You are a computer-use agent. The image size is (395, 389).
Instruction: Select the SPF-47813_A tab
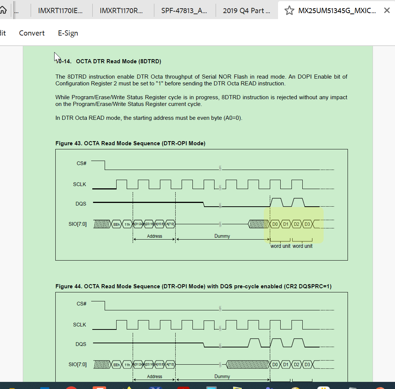tap(184, 10)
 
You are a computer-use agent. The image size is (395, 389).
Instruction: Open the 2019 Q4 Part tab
tap(246, 10)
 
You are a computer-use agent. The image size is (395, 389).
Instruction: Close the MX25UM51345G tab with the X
tap(387, 10)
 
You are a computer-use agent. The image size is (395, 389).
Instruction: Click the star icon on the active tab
tap(289, 10)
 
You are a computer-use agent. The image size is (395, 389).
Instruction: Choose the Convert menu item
tap(32, 33)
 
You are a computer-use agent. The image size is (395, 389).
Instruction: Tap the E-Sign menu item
tap(68, 33)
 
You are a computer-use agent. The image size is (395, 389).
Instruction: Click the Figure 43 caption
tap(130, 143)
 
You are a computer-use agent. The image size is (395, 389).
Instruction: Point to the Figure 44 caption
tap(193, 286)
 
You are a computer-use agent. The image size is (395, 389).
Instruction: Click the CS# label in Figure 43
tap(81, 163)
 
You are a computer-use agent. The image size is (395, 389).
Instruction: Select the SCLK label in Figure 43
tap(80, 184)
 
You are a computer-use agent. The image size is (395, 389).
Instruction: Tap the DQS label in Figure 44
tap(81, 344)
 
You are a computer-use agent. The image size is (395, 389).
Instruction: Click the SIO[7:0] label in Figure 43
tap(78, 224)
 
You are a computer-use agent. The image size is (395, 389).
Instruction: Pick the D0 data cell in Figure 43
tap(275, 224)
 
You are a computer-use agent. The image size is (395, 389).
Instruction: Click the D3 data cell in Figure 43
tap(307, 224)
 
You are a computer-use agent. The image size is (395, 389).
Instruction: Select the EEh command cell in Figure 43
tap(117, 225)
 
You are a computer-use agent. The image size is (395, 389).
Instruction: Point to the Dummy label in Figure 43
tap(222, 236)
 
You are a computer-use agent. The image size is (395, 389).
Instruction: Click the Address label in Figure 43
tap(154, 236)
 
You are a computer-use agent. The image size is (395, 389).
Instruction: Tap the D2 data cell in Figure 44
tap(296, 364)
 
